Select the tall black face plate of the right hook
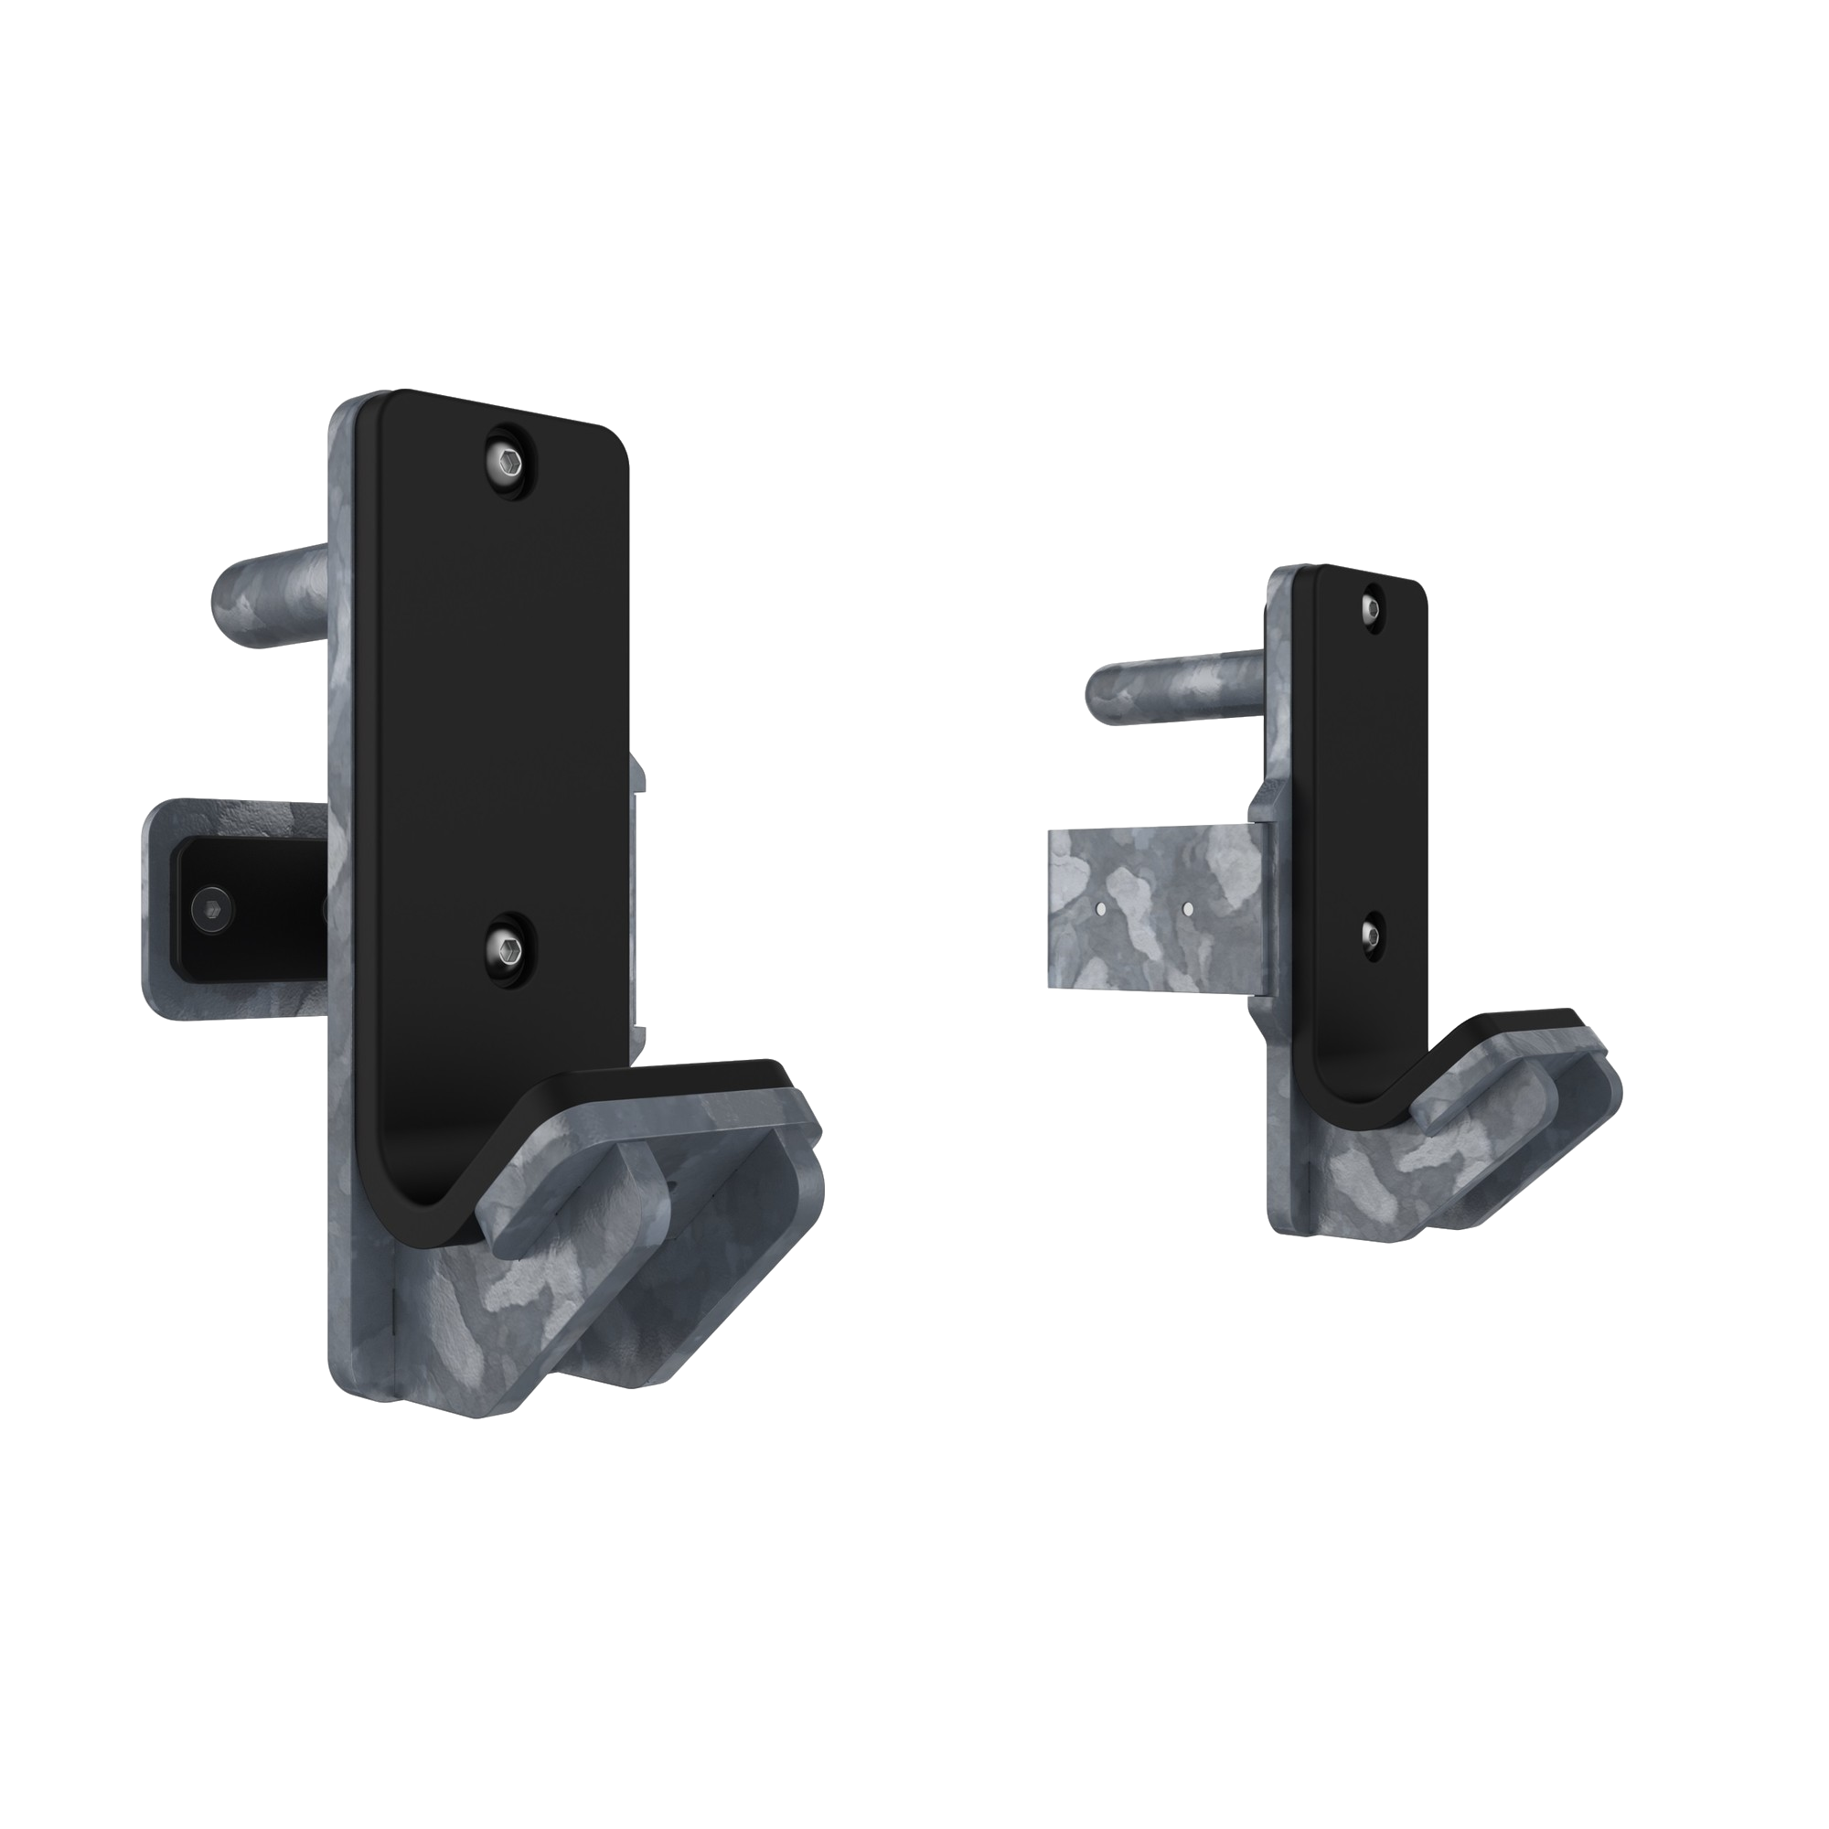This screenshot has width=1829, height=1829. click(1364, 776)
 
